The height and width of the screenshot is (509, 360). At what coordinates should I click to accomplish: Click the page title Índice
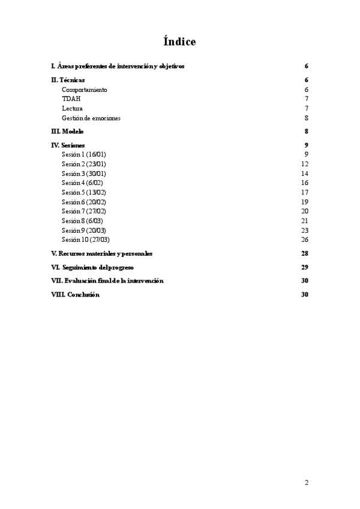(x=179, y=41)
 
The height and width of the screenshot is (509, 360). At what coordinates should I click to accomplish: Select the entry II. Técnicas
(x=68, y=80)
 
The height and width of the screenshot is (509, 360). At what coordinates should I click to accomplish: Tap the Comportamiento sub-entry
(x=85, y=89)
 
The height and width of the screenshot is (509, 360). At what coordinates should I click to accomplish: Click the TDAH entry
(x=71, y=99)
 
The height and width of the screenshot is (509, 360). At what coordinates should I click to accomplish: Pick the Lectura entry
(x=72, y=109)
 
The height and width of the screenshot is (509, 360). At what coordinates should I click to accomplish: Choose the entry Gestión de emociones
(x=91, y=118)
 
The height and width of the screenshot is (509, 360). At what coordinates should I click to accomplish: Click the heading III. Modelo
(x=67, y=131)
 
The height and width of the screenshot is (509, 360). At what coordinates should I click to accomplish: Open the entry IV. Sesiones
(x=68, y=145)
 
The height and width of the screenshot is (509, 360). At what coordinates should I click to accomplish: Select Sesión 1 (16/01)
(x=84, y=154)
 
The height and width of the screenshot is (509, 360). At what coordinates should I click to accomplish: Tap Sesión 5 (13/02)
(x=84, y=192)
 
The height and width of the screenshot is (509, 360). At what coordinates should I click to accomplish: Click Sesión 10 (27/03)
(x=86, y=239)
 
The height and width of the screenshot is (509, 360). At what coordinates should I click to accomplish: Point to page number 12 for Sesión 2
(x=304, y=164)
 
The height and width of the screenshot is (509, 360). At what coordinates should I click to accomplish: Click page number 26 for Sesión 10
(x=304, y=239)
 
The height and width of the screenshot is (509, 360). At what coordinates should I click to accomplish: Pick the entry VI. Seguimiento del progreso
(x=92, y=267)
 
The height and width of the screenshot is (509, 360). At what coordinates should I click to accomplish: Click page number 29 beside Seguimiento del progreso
(x=304, y=267)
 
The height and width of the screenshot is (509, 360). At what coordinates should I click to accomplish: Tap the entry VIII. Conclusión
(x=75, y=295)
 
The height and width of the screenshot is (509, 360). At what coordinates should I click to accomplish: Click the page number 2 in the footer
(x=306, y=482)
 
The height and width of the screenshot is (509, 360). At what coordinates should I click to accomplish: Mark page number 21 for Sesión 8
(x=304, y=221)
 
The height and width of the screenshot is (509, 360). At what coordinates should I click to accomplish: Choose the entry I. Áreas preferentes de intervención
(x=118, y=66)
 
